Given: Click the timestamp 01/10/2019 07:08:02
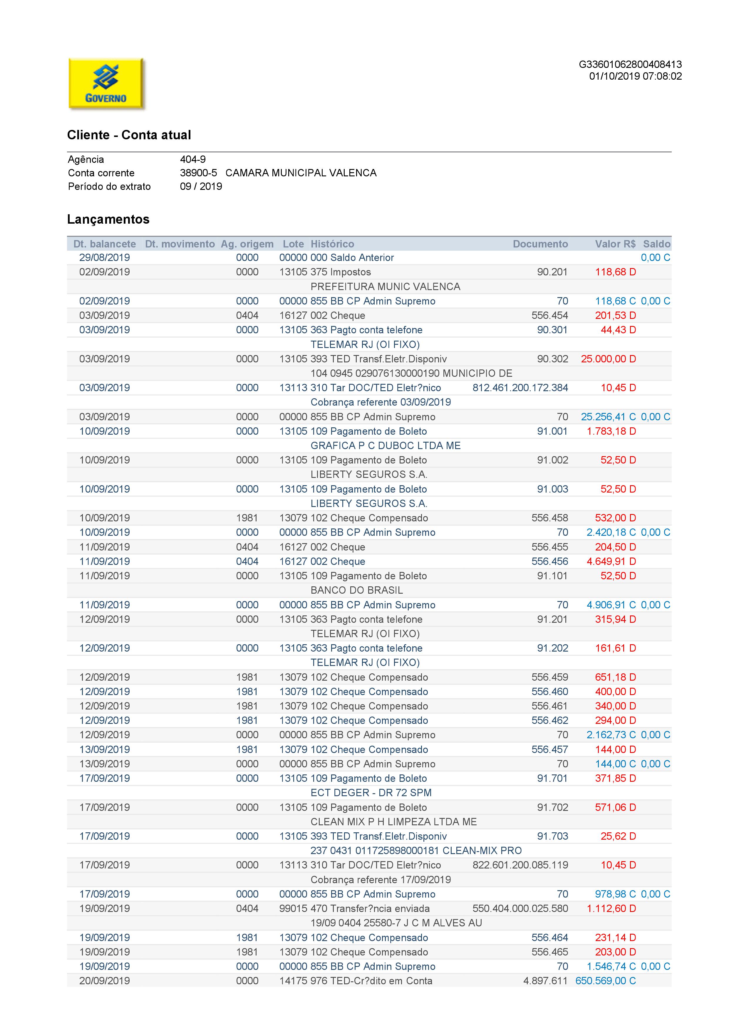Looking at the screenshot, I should [635, 76].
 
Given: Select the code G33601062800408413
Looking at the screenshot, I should [630, 65].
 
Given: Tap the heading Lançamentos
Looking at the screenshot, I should [108, 219].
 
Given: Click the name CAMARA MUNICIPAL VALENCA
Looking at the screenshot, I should [301, 173].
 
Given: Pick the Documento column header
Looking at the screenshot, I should [540, 244].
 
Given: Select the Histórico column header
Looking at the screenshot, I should [332, 244].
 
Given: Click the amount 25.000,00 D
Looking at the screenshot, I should [608, 359].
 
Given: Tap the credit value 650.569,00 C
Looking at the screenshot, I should [606, 981].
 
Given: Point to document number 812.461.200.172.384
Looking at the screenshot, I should [520, 388].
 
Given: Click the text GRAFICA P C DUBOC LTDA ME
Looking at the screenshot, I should [386, 446].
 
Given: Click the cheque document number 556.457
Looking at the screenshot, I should [549, 749].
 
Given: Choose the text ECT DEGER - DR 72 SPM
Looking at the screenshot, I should [371, 793].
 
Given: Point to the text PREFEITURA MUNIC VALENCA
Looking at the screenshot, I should [385, 287].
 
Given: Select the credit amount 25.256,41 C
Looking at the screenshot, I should [608, 417].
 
